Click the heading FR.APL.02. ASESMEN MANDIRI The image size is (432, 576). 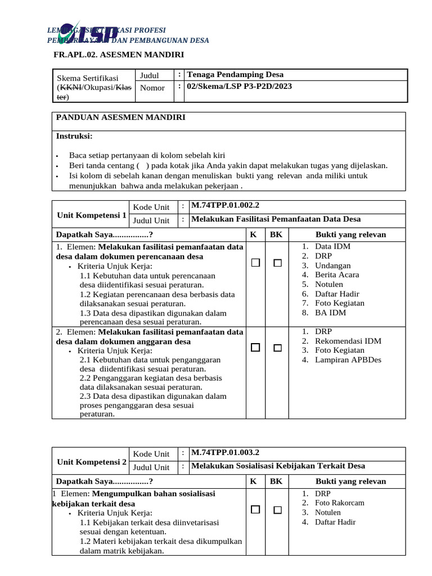tap(119, 55)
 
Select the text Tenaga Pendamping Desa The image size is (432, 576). tap(235, 75)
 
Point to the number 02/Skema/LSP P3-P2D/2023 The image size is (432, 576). tap(239, 87)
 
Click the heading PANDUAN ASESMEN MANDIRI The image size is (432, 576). tap(119, 117)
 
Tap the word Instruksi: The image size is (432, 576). tap(74, 136)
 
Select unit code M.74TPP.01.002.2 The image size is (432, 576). tap(226, 206)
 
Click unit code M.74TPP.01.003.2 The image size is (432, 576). tap(226, 453)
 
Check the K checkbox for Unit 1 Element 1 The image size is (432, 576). tap(255, 263)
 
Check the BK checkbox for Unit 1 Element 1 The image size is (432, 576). tap(277, 263)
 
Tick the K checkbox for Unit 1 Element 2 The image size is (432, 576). tap(255, 348)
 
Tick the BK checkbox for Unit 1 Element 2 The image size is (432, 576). tap(277, 348)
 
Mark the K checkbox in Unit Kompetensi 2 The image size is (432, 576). tap(255, 510)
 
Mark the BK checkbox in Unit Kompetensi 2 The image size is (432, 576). tap(277, 510)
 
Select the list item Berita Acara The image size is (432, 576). tap(337, 274)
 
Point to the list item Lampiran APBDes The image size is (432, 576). tap(348, 360)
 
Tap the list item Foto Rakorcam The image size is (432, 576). tap(339, 503)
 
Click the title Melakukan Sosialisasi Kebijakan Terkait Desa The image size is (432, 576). tap(278, 466)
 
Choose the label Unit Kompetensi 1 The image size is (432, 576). tap(92, 215)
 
